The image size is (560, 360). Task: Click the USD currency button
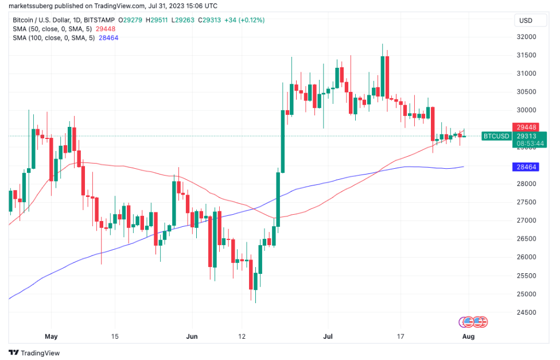tap(525, 21)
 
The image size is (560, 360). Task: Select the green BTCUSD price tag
tap(496, 136)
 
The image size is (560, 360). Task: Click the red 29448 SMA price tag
tap(527, 126)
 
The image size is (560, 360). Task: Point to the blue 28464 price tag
tap(527, 167)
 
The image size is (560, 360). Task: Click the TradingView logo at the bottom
tap(34, 353)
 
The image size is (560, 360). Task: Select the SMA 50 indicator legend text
tap(48, 29)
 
